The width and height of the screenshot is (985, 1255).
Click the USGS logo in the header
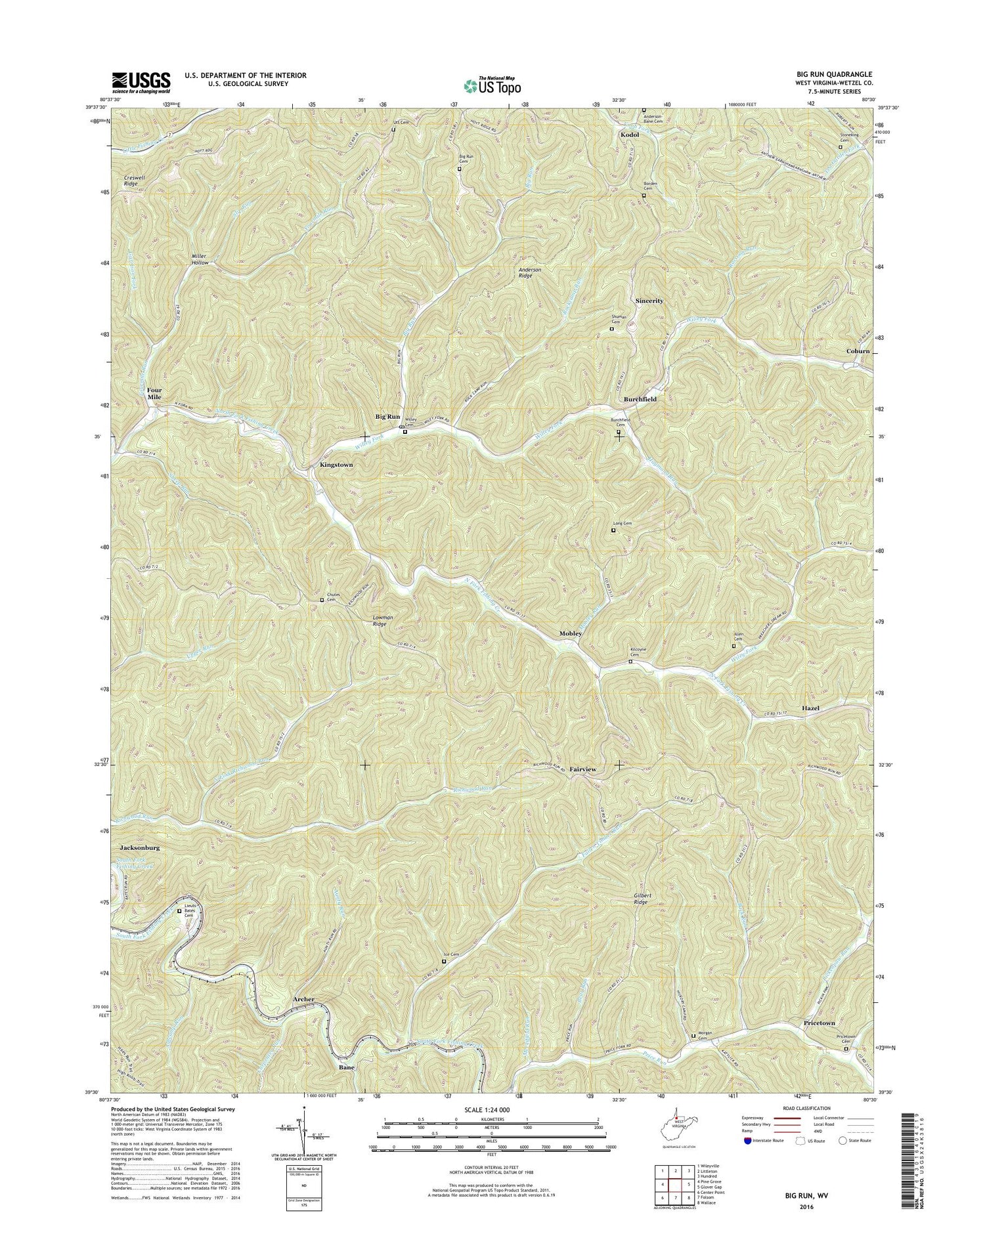[x=141, y=81]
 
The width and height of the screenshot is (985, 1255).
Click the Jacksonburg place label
[x=139, y=847]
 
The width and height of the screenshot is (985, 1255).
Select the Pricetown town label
[x=819, y=1023]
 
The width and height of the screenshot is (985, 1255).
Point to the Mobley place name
[x=570, y=633]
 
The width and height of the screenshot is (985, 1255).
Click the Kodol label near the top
[x=630, y=135]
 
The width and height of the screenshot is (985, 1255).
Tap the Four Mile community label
[x=154, y=393]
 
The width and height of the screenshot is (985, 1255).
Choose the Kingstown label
[x=336, y=465]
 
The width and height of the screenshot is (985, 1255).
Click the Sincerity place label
[x=649, y=301]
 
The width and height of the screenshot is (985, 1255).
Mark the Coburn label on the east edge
[x=858, y=351]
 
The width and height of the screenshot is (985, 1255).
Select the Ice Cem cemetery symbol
[x=443, y=962]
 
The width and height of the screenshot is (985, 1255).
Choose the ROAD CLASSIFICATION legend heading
[x=802, y=1108]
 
